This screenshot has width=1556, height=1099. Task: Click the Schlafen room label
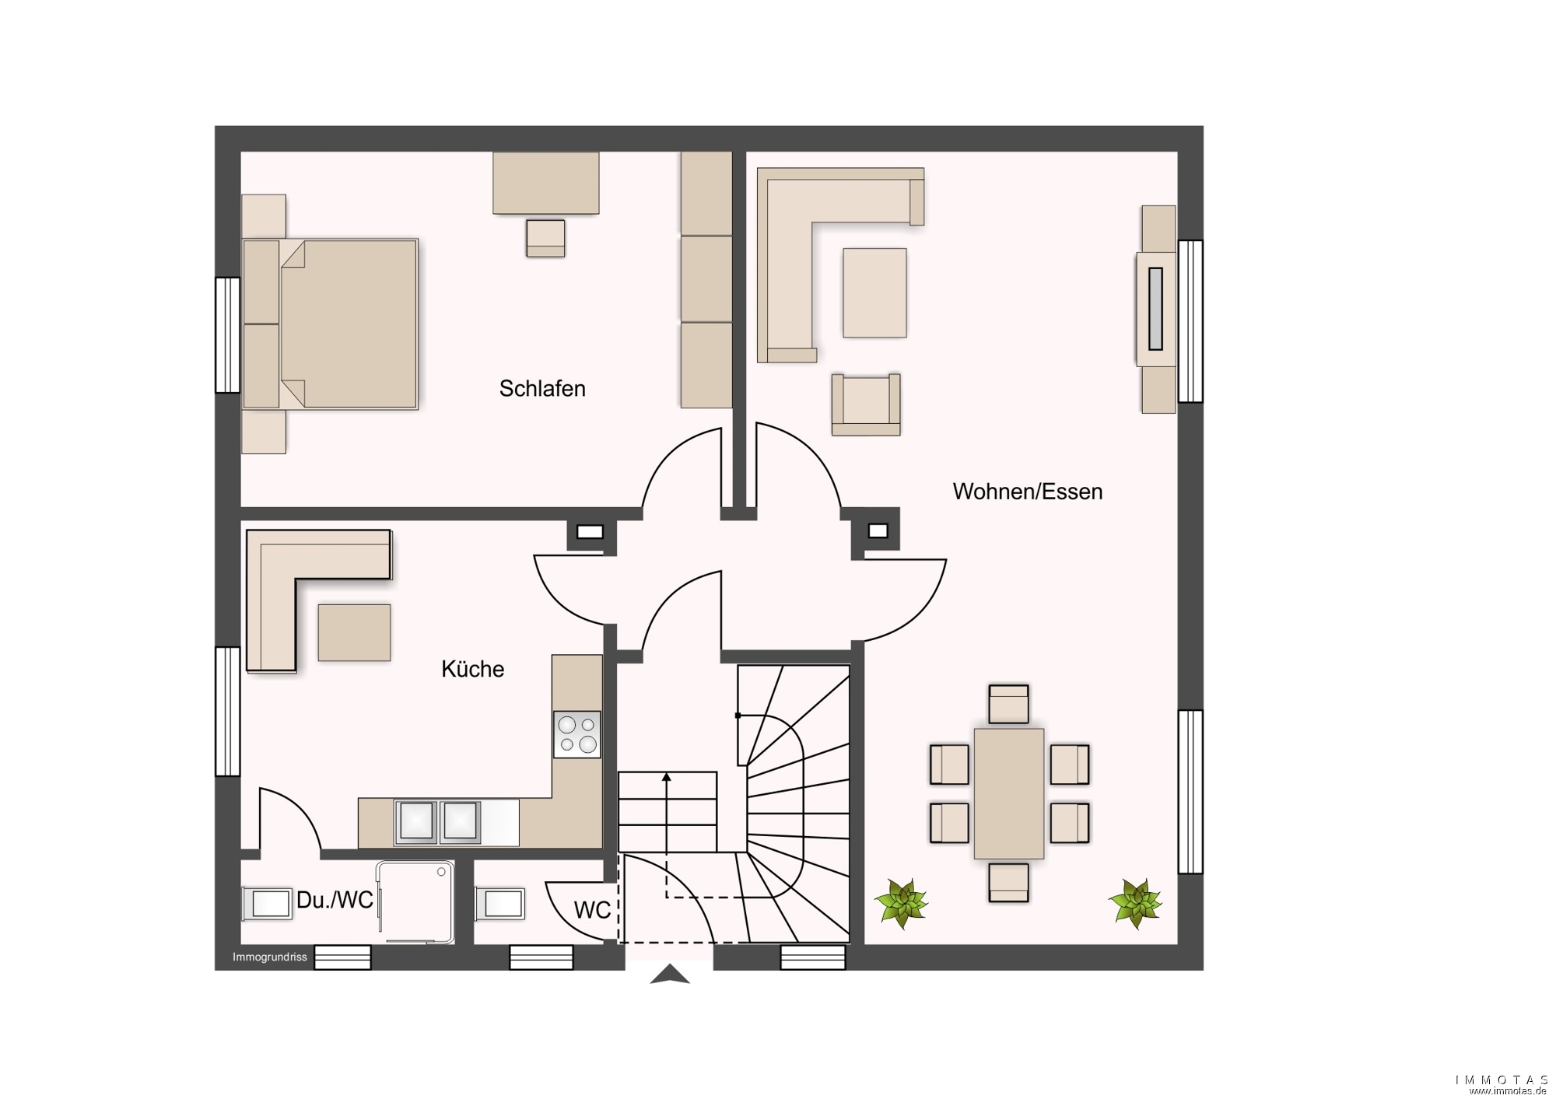pyautogui.click(x=542, y=388)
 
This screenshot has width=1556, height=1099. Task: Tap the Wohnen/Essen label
pyautogui.click(x=1027, y=492)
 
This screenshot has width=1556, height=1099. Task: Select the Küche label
pyautogui.click(x=472, y=669)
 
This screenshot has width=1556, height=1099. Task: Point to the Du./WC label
pyautogui.click(x=335, y=900)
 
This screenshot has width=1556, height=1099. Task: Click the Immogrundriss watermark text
pyautogui.click(x=270, y=957)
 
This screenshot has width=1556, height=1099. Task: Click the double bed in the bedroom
pyautogui.click(x=331, y=324)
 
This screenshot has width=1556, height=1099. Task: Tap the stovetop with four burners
pyautogui.click(x=577, y=734)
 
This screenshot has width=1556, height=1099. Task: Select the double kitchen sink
pyautogui.click(x=437, y=822)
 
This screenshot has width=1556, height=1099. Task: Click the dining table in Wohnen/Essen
pyautogui.click(x=1009, y=794)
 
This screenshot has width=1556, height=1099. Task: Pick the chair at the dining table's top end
pyautogui.click(x=1009, y=704)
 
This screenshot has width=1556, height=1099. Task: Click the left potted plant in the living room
pyautogui.click(x=902, y=904)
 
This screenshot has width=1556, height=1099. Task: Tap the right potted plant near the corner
pyautogui.click(x=1136, y=904)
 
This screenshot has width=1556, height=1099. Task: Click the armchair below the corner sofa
pyautogui.click(x=866, y=404)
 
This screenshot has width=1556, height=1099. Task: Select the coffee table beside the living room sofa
pyautogui.click(x=874, y=293)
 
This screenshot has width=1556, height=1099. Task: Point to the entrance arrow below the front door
pyautogui.click(x=670, y=975)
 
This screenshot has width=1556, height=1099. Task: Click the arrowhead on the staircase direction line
pyautogui.click(x=667, y=776)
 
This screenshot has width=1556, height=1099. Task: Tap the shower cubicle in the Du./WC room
pyautogui.click(x=415, y=902)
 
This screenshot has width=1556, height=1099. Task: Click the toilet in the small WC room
pyautogui.click(x=499, y=903)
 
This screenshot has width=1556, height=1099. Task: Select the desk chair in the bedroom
pyautogui.click(x=545, y=238)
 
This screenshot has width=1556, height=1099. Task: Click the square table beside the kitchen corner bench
pyautogui.click(x=354, y=633)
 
